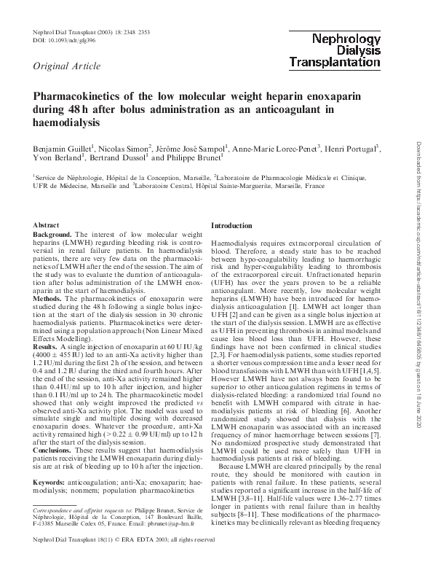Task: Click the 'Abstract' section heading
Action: pyautogui.click(x=47, y=227)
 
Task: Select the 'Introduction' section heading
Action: pyautogui.click(x=233, y=227)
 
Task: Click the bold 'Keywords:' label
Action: pyautogui.click(x=53, y=483)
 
